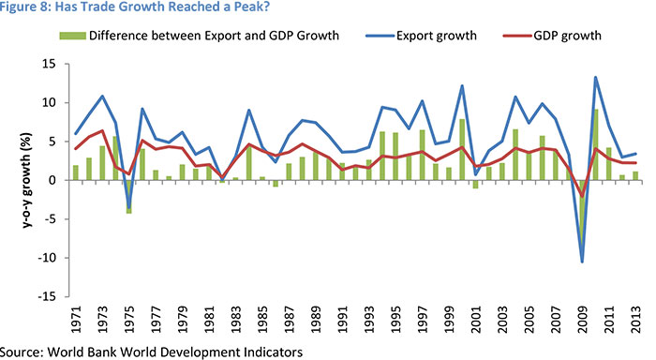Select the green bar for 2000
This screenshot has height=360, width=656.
pyautogui.click(x=463, y=149)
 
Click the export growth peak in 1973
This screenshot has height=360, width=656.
pyautogui.click(x=102, y=97)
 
